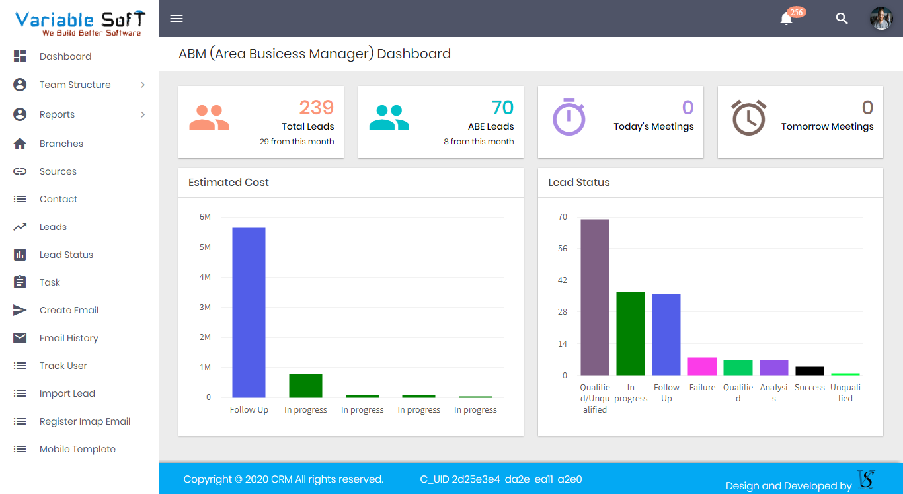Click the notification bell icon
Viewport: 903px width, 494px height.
tap(786, 19)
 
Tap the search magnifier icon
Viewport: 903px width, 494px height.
tap(842, 19)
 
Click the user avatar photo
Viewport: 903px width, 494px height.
tap(881, 19)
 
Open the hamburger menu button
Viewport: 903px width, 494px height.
tap(177, 19)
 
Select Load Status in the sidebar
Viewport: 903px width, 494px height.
tap(66, 255)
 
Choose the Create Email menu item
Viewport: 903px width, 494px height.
tap(69, 310)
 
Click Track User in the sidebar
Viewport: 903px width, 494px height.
tap(63, 366)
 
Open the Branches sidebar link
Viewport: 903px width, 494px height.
tap(61, 144)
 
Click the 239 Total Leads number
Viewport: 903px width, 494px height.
tap(317, 108)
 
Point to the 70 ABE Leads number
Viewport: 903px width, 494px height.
tap(502, 108)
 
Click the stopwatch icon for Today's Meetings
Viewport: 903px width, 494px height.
tap(569, 117)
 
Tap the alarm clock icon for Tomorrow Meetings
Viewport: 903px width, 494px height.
tap(748, 118)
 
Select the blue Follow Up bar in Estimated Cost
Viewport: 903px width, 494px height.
tap(249, 312)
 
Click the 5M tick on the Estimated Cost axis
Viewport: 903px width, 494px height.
tap(205, 247)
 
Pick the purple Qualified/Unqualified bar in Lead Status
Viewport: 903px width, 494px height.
tap(595, 297)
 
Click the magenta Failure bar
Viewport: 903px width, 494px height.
tap(702, 366)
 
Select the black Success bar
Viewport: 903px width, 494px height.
tap(809, 371)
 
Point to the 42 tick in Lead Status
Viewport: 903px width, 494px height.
tap(563, 280)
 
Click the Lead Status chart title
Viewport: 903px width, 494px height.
tap(579, 183)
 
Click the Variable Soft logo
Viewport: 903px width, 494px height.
tap(79, 22)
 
